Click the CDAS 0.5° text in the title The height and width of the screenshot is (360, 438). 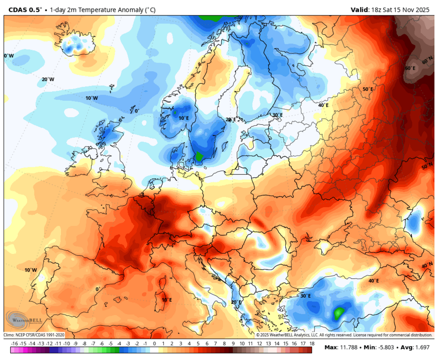[25, 9]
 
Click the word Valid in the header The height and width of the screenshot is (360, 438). [360, 9]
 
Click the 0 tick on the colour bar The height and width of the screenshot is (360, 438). [155, 344]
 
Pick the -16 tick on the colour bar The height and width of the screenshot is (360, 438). [15, 344]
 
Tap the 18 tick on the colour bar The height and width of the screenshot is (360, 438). [312, 344]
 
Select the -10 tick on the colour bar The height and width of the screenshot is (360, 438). [67, 344]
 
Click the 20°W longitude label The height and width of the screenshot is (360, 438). [48, 79]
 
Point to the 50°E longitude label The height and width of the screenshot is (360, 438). [368, 89]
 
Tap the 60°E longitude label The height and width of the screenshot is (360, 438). [410, 68]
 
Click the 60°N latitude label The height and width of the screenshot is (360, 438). [427, 61]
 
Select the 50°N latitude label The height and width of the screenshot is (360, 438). [427, 167]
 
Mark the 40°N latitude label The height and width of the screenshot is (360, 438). [427, 265]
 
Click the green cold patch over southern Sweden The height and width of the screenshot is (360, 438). [199, 156]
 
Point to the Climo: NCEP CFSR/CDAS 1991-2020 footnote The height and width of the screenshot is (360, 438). [34, 335]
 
